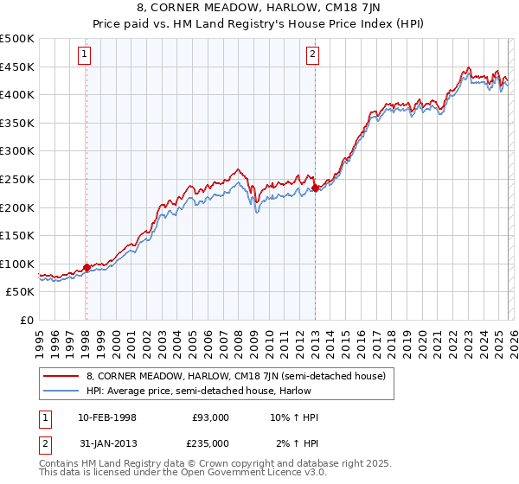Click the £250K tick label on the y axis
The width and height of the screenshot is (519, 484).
17,179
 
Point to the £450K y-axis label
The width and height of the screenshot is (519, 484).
17,67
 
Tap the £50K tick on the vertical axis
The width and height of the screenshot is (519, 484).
20,292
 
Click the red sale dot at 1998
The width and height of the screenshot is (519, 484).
86,267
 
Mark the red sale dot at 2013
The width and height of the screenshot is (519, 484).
315,188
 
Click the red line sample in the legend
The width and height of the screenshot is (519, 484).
61,375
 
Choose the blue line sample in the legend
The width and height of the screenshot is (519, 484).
61,390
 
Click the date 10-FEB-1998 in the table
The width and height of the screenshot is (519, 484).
98,417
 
